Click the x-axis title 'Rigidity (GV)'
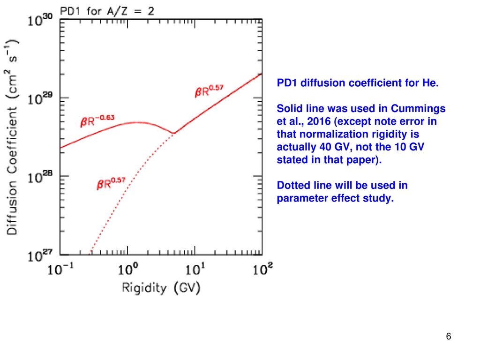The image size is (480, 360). [x=161, y=287]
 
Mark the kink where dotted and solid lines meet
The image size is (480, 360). [x=173, y=134]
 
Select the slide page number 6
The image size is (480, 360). [x=449, y=337]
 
